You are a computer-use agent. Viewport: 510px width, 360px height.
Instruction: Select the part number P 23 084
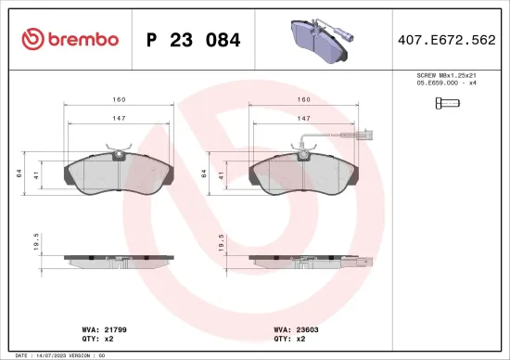pyautogui.click(x=194, y=40)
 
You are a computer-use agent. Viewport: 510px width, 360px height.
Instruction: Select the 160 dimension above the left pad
pyautogui.click(x=119, y=98)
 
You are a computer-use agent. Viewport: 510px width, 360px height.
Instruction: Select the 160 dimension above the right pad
pyautogui.click(x=303, y=98)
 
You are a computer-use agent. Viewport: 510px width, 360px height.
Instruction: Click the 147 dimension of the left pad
pyautogui.click(x=119, y=119)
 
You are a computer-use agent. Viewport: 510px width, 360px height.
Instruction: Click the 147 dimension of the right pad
pyautogui.click(x=303, y=119)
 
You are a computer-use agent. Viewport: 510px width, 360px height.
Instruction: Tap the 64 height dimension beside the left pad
pyautogui.click(x=19, y=174)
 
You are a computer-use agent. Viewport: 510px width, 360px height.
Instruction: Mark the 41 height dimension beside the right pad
pyautogui.click(x=223, y=174)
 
